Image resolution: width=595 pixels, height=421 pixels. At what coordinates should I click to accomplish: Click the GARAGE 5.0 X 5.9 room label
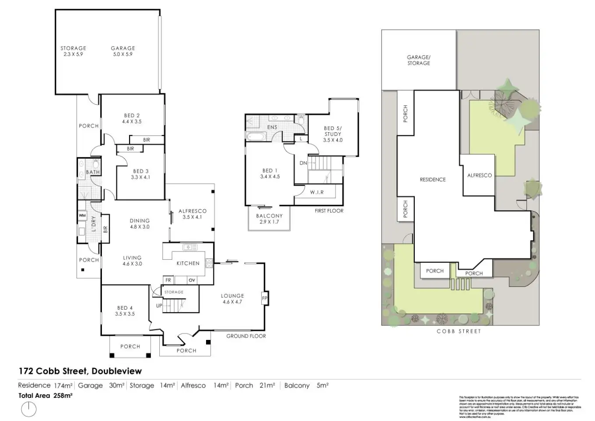(x=123, y=51)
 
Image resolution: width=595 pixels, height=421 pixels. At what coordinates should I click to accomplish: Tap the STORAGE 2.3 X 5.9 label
(x=73, y=51)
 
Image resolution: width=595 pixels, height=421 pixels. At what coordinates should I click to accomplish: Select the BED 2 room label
(x=132, y=119)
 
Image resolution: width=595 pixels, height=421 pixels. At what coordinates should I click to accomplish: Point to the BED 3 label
(x=140, y=174)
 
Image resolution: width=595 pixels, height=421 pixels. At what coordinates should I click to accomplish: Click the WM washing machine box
(x=82, y=216)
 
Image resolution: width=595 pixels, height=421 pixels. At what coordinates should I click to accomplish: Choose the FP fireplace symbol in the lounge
(x=264, y=299)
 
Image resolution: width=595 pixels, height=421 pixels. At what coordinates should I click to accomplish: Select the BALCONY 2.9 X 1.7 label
(x=269, y=219)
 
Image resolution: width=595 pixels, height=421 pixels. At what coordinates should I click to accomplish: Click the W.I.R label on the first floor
(x=317, y=192)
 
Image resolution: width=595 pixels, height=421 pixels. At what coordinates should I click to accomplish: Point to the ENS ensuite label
(x=272, y=127)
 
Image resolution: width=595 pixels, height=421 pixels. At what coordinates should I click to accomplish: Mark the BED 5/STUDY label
(x=332, y=134)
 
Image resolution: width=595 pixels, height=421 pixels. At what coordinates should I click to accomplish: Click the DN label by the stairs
(x=303, y=163)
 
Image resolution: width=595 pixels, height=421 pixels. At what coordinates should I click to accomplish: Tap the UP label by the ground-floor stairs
(x=159, y=306)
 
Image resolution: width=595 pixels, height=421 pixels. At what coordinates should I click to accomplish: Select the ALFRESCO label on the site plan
(x=479, y=175)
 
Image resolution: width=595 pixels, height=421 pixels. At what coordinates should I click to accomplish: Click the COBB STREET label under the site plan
(x=458, y=331)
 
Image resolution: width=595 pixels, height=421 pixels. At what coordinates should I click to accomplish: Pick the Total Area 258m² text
(x=45, y=395)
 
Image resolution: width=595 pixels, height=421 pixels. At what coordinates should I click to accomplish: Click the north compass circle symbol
(x=29, y=410)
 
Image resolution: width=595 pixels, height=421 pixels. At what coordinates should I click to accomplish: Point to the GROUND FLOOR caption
(x=246, y=336)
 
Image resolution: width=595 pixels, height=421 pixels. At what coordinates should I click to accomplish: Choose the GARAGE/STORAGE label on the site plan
(x=419, y=60)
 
